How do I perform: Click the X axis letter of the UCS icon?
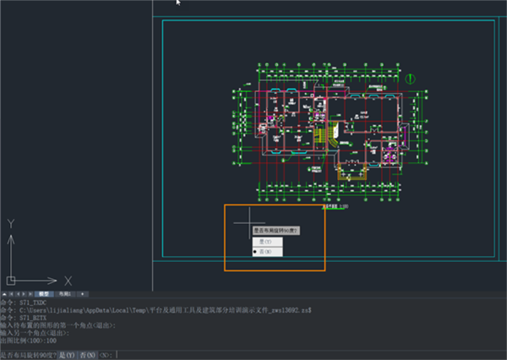pyautogui.click(x=68, y=280)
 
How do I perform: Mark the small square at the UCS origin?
pyautogui.click(x=10, y=280)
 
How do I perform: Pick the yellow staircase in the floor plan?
pyautogui.click(x=320, y=134)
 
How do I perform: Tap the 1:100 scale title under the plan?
pyautogui.click(x=336, y=205)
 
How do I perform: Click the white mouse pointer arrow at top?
pyautogui.click(x=178, y=3)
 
